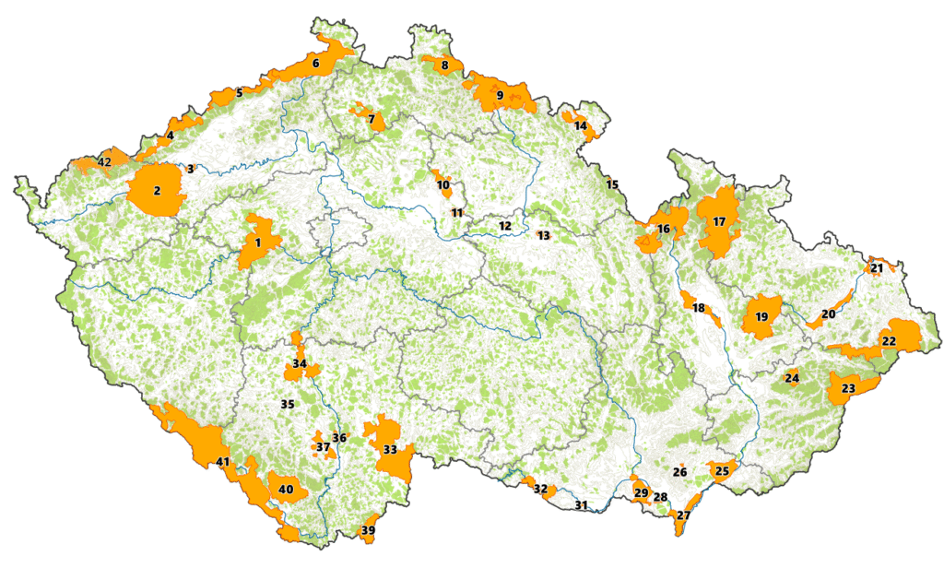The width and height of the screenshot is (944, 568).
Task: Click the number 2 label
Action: click(157, 191)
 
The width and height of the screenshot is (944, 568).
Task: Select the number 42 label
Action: click(104, 162)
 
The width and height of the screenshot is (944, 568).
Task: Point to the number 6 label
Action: click(315, 64)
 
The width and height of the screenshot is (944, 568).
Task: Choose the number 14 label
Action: click(580, 125)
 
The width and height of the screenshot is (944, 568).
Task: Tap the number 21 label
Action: click(877, 268)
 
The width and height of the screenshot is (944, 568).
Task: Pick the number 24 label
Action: click(792, 378)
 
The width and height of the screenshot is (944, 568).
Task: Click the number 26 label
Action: click(679, 472)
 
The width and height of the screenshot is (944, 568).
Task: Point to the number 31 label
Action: click(581, 505)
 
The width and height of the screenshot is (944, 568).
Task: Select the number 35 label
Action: click(287, 404)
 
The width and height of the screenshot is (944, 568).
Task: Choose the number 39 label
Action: click(368, 530)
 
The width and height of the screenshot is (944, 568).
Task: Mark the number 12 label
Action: click(504, 226)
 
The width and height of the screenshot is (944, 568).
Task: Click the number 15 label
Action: click(611, 184)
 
